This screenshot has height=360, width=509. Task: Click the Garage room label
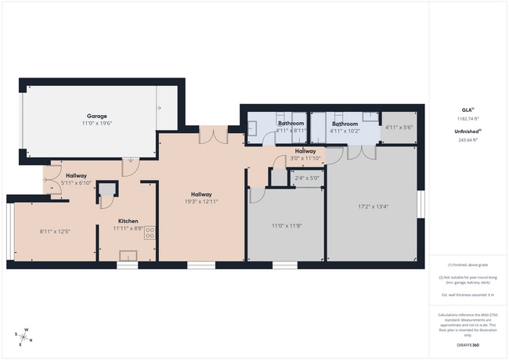(97, 116)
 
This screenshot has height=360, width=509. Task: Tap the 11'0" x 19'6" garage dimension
(97, 124)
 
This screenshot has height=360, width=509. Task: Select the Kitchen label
(128, 221)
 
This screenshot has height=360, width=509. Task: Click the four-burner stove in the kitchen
(150, 232)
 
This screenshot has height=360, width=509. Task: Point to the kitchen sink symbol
(128, 255)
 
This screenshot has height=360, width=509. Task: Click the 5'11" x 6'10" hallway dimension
(76, 183)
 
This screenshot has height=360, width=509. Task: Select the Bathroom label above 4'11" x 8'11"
(291, 124)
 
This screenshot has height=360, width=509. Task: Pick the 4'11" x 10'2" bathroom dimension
(345, 131)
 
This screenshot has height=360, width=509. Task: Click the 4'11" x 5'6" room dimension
(399, 127)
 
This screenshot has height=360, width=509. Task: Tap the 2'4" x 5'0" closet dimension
(308, 178)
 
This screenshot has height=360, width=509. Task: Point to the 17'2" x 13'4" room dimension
(372, 207)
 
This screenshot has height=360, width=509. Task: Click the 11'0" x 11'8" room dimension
(286, 226)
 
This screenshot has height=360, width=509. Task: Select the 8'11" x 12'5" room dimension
(55, 231)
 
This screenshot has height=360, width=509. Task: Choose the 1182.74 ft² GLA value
(467, 119)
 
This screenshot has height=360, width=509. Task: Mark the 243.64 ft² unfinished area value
(467, 139)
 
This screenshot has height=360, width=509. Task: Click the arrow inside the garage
(158, 108)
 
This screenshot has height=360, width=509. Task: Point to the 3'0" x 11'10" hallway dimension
(305, 158)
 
